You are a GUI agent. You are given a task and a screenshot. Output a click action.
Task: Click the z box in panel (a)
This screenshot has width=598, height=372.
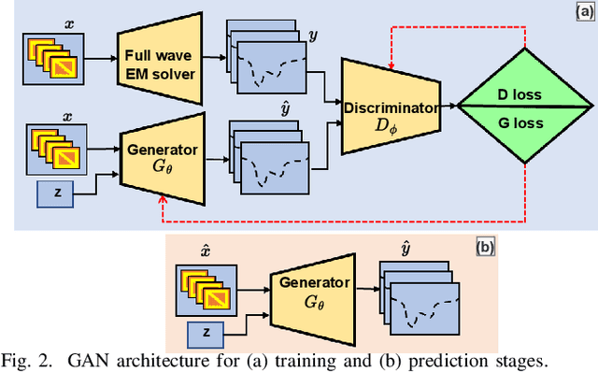[x=58, y=194]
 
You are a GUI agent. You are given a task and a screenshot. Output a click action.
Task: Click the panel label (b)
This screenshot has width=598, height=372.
[x=485, y=248]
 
